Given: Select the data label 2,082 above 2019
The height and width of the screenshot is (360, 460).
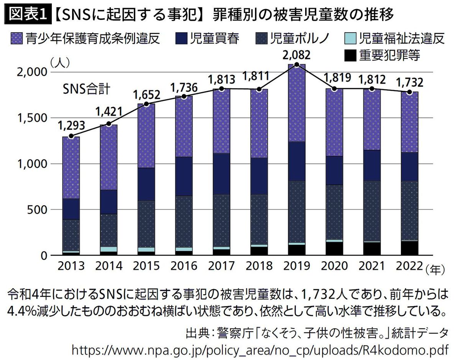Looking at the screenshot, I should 296,56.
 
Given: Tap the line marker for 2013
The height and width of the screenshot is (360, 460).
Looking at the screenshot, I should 71,136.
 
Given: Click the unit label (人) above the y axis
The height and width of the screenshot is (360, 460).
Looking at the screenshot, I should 59,62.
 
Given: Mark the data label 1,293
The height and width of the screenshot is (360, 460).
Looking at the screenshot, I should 71,126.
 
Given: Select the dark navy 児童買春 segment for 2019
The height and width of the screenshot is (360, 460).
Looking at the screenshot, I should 296,161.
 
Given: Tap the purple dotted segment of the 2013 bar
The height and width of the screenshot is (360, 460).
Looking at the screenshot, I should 71,168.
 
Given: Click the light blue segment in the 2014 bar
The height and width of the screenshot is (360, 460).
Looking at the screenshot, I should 108,249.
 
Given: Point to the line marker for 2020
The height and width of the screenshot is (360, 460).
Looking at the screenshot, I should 334,89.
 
